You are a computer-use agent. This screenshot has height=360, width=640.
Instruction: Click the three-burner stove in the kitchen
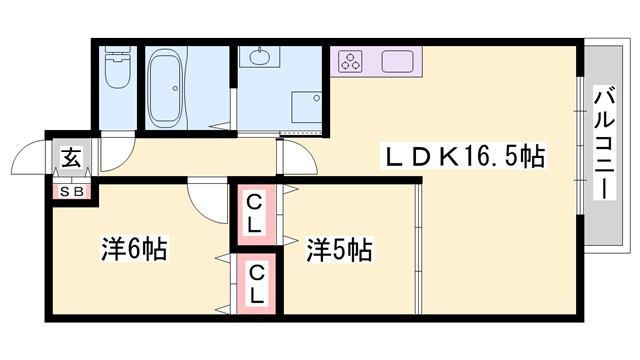[351, 62]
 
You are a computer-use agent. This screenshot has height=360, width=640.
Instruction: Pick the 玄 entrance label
[72, 157]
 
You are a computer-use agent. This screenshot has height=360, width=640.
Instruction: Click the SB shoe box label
[72, 190]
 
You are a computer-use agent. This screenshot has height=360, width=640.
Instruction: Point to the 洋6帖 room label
[134, 246]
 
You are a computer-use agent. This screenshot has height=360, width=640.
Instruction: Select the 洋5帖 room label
[339, 247]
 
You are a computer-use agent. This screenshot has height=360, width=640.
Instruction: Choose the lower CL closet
[256, 283]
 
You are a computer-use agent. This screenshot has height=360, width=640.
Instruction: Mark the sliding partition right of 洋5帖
[417, 250]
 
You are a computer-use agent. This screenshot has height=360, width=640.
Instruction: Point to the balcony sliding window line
[581, 145]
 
